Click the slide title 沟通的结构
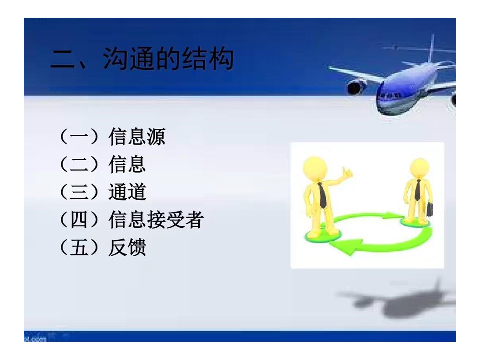click(x=168, y=59)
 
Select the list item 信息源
click(x=137, y=137)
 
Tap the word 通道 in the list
click(x=127, y=192)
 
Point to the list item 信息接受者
click(x=156, y=220)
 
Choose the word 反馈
click(x=127, y=247)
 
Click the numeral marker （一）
click(x=79, y=137)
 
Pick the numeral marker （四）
click(x=79, y=220)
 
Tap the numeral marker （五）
click(x=79, y=247)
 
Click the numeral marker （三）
click(x=79, y=192)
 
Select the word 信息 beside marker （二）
click(x=127, y=164)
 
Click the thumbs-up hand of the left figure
click(x=347, y=173)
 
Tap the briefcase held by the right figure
click(x=430, y=209)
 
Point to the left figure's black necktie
click(x=322, y=195)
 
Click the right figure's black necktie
click(x=418, y=190)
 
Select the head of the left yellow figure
click(x=315, y=168)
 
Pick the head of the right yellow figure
click(x=419, y=168)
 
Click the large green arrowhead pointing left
click(x=346, y=245)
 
